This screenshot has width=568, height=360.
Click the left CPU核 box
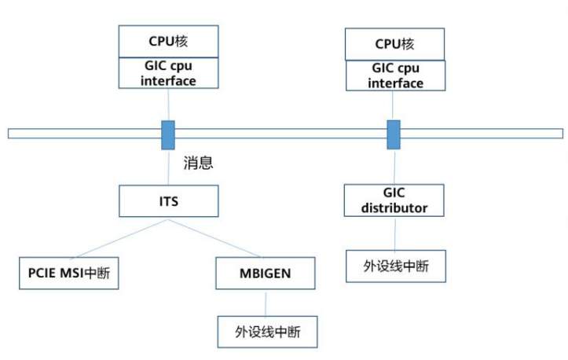(x=167, y=41)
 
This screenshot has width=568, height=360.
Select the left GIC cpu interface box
(x=167, y=73)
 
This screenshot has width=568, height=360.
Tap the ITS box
(x=167, y=201)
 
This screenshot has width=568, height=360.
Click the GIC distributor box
(x=394, y=200)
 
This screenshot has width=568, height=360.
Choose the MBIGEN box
(x=265, y=273)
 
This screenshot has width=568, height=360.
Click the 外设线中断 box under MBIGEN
(x=268, y=331)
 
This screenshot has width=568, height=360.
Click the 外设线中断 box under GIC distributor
(x=397, y=266)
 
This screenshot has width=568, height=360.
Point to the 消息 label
(x=199, y=163)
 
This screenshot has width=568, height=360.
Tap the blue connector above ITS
(x=168, y=134)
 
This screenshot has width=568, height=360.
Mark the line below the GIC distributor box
(x=394, y=233)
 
